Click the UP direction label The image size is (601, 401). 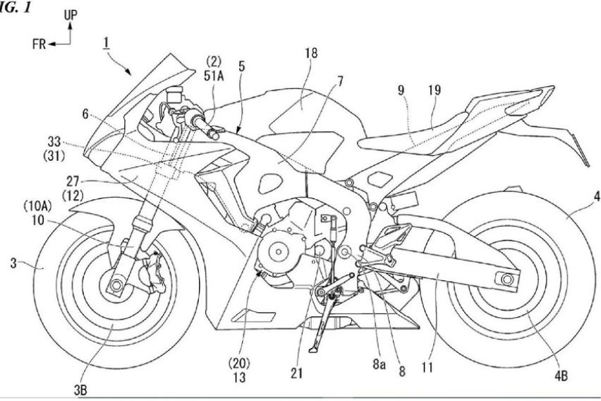pyautogui.click(x=72, y=14)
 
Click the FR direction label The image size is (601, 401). pyautogui.click(x=40, y=44)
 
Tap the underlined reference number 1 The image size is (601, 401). pyautogui.click(x=105, y=44)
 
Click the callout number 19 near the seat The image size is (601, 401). pyautogui.click(x=435, y=91)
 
